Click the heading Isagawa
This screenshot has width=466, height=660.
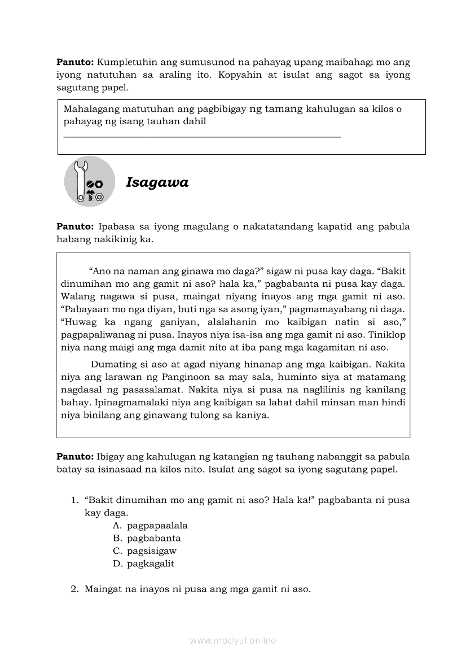coord(157,182)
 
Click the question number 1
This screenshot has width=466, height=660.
coord(74,500)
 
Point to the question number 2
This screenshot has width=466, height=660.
coord(74,589)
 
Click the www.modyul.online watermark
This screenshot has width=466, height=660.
coord(233,640)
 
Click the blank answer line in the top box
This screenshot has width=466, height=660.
coord(202,136)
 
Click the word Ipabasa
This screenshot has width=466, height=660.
coord(117,226)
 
